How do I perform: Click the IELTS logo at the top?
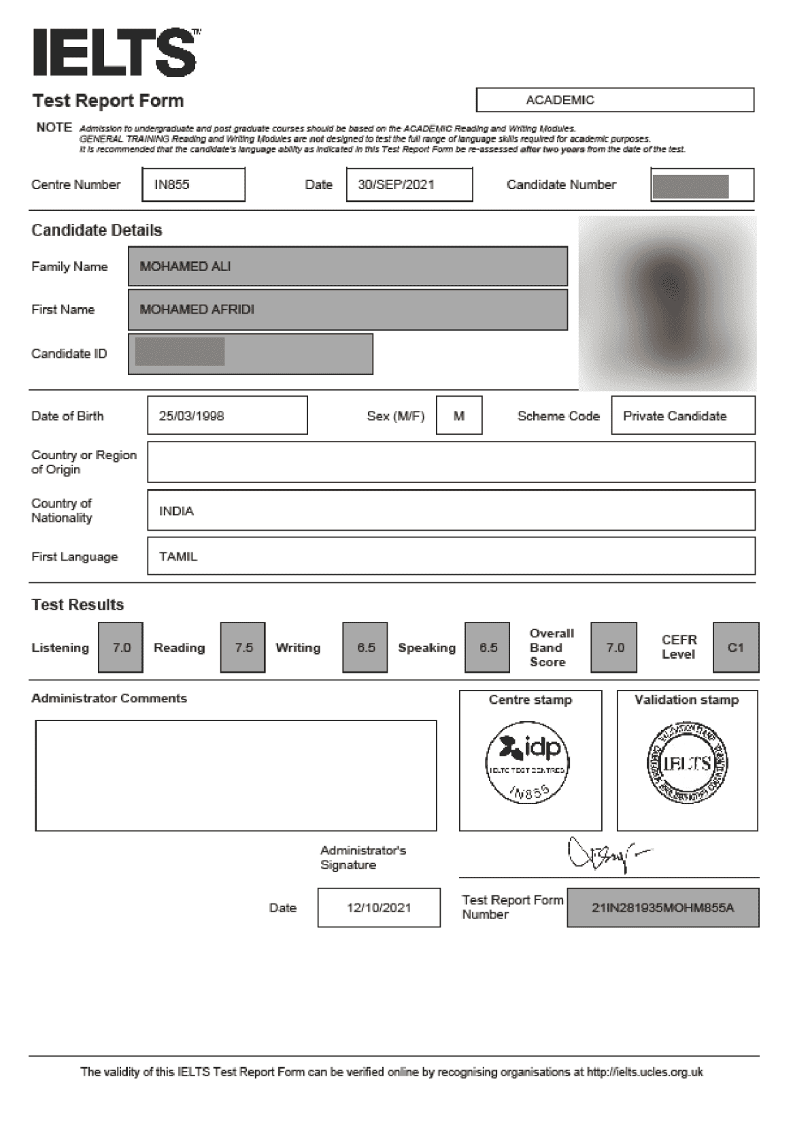pos(116,52)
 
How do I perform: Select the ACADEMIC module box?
pos(615,100)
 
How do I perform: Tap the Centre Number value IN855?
pos(193,184)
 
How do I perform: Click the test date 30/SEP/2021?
pos(409,184)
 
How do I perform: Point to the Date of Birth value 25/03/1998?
pos(227,416)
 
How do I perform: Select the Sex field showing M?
pos(459,416)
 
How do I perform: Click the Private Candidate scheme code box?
pos(683,416)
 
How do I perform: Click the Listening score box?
pos(121,648)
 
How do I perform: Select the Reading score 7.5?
pos(243,648)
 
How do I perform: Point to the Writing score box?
pos(365,648)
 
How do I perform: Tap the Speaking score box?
pos(488,648)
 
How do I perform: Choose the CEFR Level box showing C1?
pos(736,648)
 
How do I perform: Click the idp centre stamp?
pos(527,762)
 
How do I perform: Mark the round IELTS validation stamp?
pos(687,762)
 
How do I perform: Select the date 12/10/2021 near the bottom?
pos(379,908)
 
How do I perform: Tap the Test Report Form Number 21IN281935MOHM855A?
pos(663,908)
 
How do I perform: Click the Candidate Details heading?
pos(97,230)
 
